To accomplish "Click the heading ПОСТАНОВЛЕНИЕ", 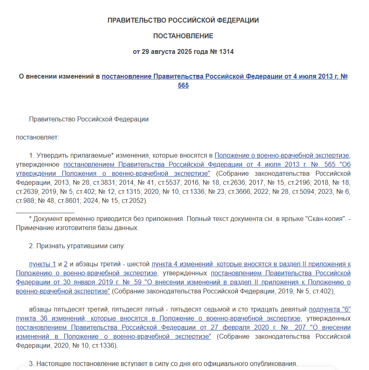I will click(x=183, y=36).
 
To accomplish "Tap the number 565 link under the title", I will click(x=183, y=86).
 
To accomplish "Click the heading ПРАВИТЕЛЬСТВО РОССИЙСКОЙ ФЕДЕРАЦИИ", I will click(x=183, y=21).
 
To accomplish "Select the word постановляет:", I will click(x=37, y=137).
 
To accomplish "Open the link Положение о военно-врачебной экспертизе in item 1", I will click(x=282, y=156).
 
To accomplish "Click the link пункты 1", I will click(x=42, y=264).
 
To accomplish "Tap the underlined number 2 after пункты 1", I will click(x=65, y=264).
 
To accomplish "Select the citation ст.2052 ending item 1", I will click(x=132, y=201).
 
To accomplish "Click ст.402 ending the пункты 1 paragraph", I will click(x=322, y=291).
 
